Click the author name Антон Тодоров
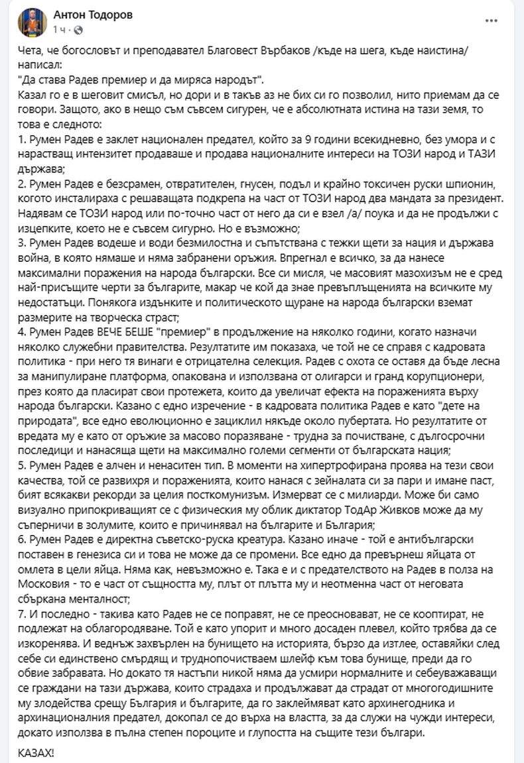point(96,15)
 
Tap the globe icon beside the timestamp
point(79,30)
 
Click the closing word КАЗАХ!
point(37,752)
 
